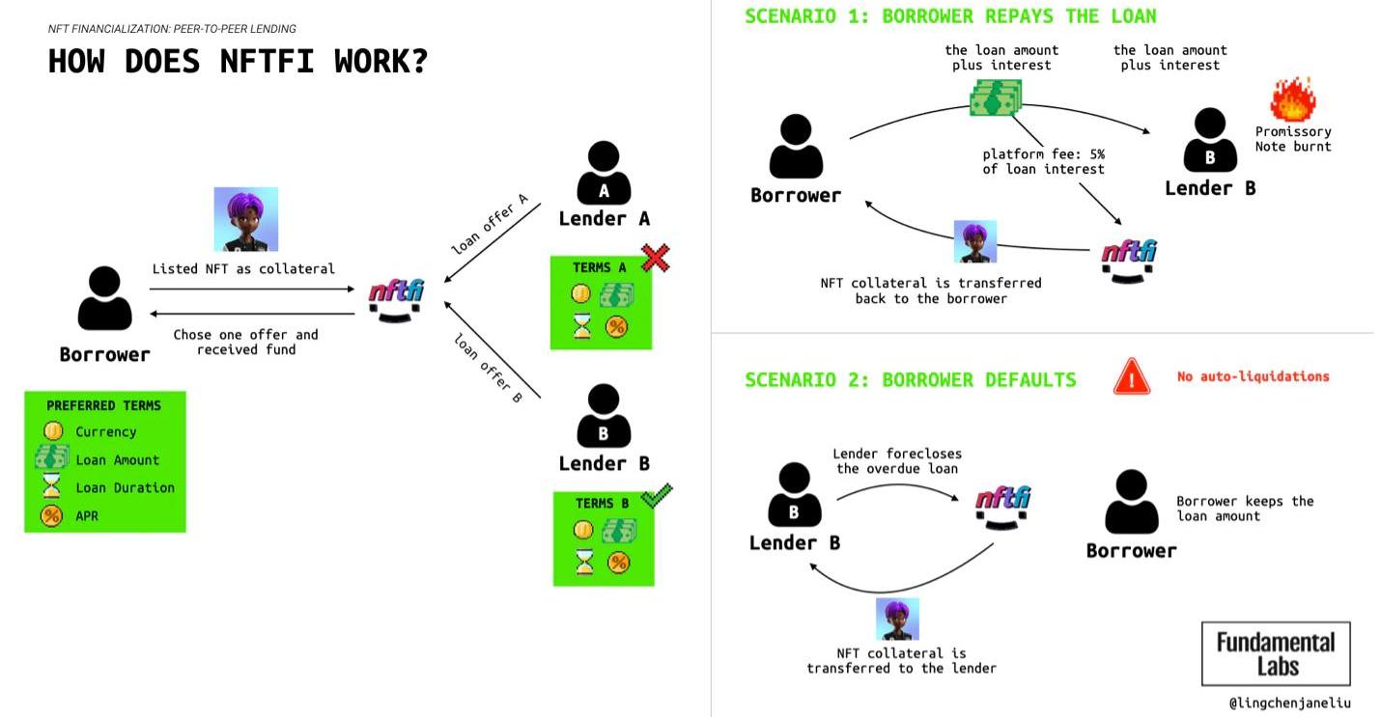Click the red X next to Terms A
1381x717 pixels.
click(x=656, y=257)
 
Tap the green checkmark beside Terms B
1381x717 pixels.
click(x=657, y=496)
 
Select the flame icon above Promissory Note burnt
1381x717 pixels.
click(x=1292, y=99)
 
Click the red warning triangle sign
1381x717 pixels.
click(x=1131, y=376)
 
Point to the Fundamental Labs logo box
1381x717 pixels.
click(x=1275, y=653)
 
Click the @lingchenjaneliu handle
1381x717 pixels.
click(x=1289, y=703)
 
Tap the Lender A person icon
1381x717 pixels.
click(x=604, y=174)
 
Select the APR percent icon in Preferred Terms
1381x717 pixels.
click(x=51, y=515)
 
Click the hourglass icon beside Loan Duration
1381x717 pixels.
click(x=52, y=487)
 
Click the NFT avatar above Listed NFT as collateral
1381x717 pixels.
click(x=245, y=219)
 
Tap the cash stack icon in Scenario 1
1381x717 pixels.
click(x=996, y=97)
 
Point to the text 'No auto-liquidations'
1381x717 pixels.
click(x=1253, y=376)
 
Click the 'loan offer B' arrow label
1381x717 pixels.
click(x=488, y=367)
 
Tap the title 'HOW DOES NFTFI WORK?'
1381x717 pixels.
click(x=238, y=61)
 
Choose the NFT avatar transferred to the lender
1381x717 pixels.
click(x=897, y=619)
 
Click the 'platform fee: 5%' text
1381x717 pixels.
click(x=1043, y=154)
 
